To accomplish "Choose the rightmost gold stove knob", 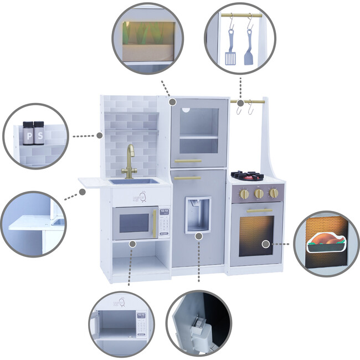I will [x=272, y=193].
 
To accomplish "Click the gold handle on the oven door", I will [x=259, y=211].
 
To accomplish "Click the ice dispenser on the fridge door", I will [x=198, y=214].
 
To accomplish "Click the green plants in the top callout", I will [x=147, y=34].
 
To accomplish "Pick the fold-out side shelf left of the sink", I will [x=94, y=180].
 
